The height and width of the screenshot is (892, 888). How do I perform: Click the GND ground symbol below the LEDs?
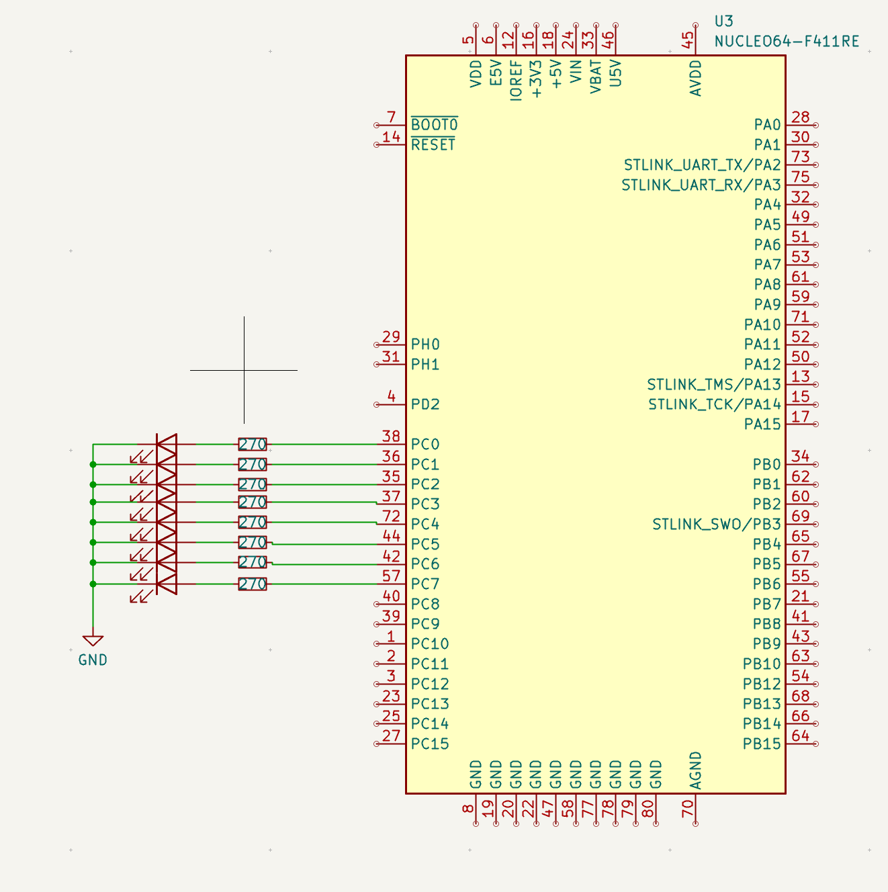93,641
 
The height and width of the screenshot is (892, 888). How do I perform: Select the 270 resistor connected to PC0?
253,444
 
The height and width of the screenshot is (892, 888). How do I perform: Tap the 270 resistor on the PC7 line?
253,584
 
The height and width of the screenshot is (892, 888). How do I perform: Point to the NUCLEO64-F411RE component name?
787,42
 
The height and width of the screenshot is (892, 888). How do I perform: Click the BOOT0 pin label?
434,125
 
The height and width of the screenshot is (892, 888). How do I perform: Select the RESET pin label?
433,145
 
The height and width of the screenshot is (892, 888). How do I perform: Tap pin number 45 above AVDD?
689,40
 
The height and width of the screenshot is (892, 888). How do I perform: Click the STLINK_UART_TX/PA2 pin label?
702,165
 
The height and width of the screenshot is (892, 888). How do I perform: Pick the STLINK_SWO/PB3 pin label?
716,524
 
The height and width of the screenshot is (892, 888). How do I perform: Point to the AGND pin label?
696,770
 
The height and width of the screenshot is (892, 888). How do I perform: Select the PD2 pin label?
425,404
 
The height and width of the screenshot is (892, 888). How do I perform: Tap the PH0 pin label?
425,345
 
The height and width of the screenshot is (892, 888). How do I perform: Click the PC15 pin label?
430,744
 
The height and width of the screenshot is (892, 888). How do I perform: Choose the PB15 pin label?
762,744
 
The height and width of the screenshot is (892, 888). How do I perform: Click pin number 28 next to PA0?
800,118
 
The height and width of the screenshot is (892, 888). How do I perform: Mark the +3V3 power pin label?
535,79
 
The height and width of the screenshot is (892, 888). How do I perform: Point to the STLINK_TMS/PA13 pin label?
714,384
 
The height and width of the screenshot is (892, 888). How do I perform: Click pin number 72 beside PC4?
391,516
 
